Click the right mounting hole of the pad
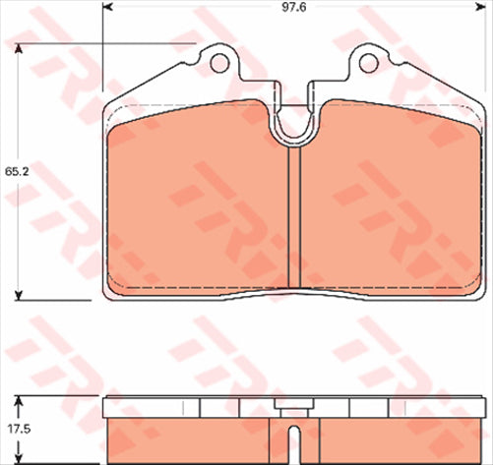pos(368,64)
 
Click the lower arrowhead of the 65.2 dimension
pos(19,295)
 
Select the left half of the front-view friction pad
pos(197,206)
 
